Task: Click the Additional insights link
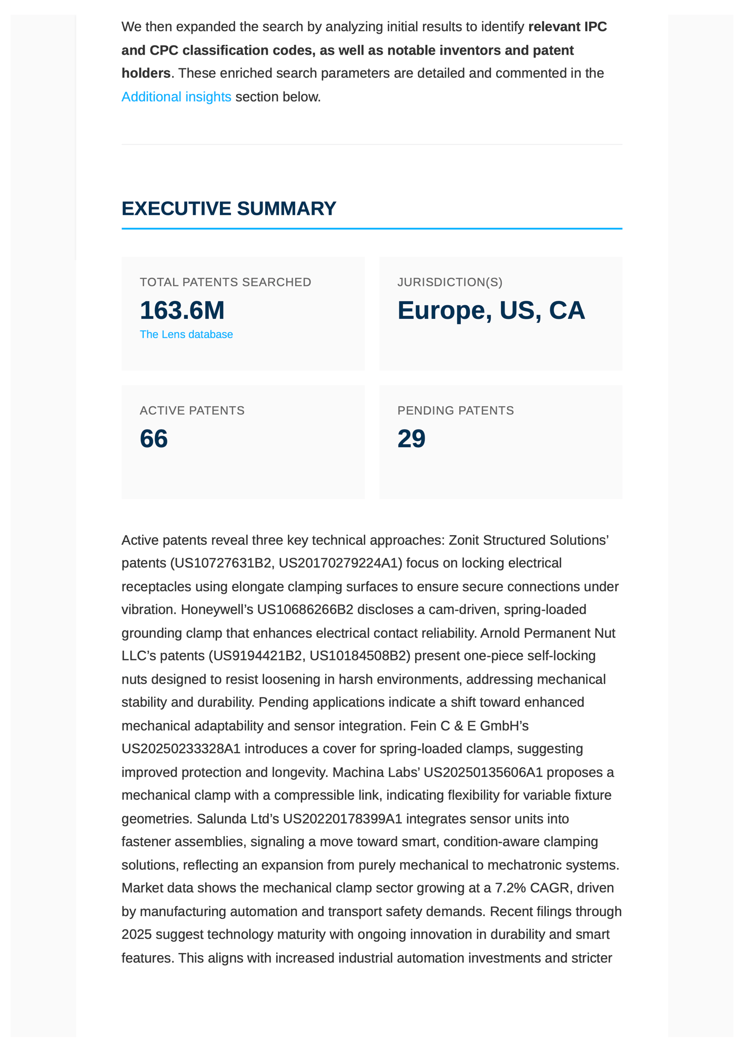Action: [x=176, y=97]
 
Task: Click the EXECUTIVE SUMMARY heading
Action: [x=228, y=209]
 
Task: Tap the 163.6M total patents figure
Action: [x=182, y=310]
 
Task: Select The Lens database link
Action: [x=186, y=335]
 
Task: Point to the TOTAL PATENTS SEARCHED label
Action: [x=225, y=283]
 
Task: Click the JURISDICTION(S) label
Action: [x=450, y=283]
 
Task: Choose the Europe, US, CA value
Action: [x=491, y=310]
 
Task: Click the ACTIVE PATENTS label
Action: [x=192, y=410]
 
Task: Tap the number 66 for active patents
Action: [x=154, y=439]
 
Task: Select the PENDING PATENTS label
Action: [x=456, y=410]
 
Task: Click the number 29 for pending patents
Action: [x=411, y=439]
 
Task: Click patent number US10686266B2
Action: [x=305, y=610]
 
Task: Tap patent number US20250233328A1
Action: [x=181, y=749]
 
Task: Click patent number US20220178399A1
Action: [x=343, y=819]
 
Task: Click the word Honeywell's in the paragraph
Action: [x=217, y=610]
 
